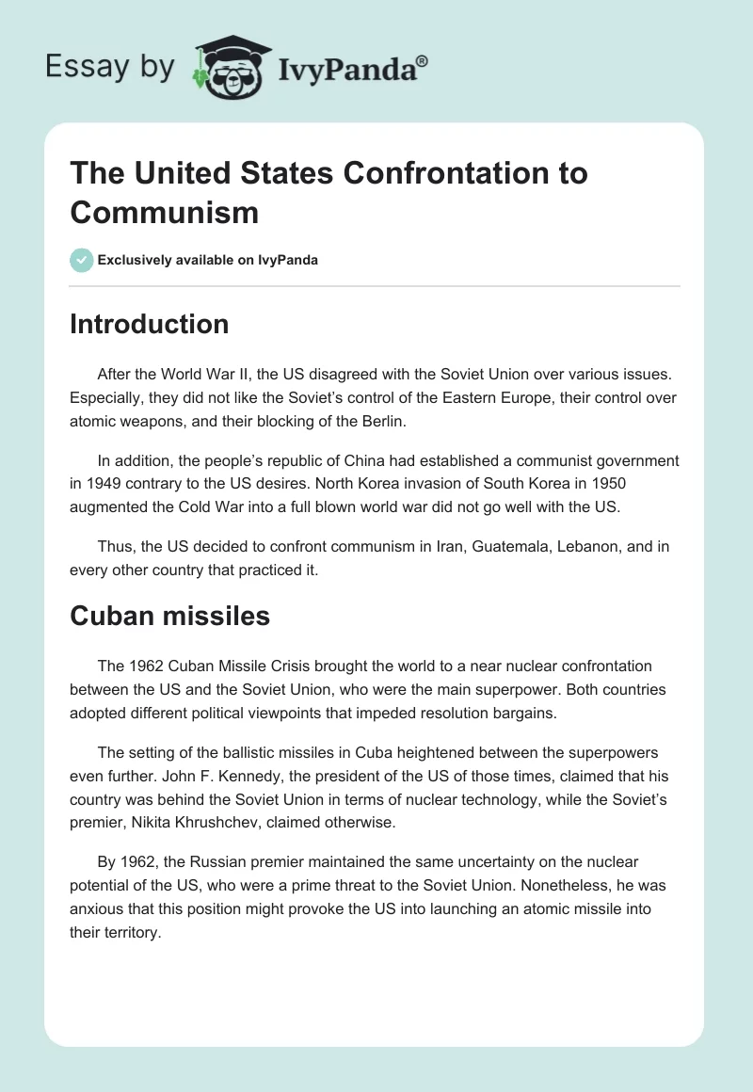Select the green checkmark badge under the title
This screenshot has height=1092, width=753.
coord(82,260)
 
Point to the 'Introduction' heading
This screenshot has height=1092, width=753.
coord(149,324)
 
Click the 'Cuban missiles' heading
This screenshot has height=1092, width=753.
coord(169,616)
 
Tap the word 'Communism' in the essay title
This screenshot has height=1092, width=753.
coord(164,212)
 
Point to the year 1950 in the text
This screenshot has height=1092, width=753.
coord(605,485)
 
